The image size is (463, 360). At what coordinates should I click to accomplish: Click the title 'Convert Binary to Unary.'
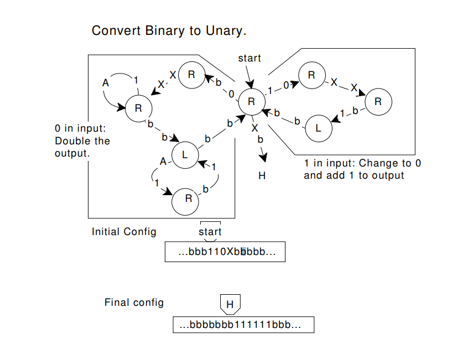tap(169, 30)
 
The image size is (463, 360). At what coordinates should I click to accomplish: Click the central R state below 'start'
tap(251, 101)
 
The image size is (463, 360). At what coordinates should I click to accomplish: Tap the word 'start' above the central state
tap(249, 58)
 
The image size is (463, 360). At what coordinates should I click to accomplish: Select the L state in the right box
tap(319, 127)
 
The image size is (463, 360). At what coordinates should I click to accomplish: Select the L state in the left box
tap(185, 154)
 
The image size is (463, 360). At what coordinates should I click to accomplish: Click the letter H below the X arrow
tap(262, 176)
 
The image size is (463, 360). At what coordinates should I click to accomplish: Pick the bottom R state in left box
tap(188, 199)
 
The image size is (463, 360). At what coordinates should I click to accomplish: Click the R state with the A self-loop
tap(138, 108)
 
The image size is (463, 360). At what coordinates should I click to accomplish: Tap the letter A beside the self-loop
tap(106, 83)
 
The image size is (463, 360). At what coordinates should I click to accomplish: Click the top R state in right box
tap(312, 76)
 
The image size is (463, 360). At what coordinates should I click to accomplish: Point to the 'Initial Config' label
tap(124, 232)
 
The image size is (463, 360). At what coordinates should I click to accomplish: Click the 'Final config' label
tap(134, 302)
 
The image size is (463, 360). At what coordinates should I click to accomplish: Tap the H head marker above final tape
tap(230, 304)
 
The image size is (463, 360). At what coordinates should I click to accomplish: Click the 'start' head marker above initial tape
tap(210, 232)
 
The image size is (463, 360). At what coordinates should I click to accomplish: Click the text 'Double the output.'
tap(82, 147)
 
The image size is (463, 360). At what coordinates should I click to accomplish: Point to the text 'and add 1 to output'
tap(354, 176)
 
